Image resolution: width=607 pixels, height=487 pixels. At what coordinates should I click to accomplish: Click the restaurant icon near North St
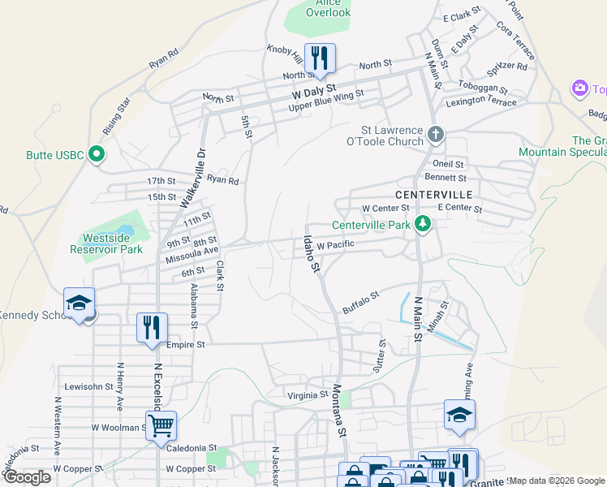click(320, 57)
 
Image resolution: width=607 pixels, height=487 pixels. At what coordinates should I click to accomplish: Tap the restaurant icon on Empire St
click(152, 327)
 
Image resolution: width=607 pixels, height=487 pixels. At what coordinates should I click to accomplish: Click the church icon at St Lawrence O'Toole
click(436, 134)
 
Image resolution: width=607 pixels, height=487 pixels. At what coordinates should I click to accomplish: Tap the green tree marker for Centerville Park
click(422, 224)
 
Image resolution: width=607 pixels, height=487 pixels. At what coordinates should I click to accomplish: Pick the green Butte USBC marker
click(97, 153)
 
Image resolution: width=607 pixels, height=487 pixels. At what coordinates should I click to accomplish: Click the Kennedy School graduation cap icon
click(80, 303)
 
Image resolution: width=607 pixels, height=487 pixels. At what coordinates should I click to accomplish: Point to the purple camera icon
click(579, 88)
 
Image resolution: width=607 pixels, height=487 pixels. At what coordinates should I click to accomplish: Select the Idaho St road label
click(312, 252)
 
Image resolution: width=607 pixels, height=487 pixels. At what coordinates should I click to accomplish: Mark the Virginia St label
click(307, 395)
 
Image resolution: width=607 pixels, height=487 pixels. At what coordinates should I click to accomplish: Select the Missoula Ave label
click(192, 252)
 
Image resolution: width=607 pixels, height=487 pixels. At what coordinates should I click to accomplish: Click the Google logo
click(26, 477)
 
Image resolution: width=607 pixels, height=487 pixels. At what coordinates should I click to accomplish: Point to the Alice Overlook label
click(329, 7)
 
